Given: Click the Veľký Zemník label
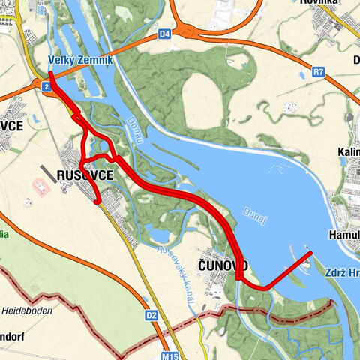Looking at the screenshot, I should point(80,60).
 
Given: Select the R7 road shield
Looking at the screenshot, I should point(319,73).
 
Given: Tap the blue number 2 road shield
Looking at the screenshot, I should point(46,88).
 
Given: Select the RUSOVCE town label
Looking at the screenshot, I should point(85,175).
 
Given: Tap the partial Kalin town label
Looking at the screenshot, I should point(348,153).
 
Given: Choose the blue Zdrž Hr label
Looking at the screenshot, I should point(342,273).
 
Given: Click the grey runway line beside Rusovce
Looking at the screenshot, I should point(46,173).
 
